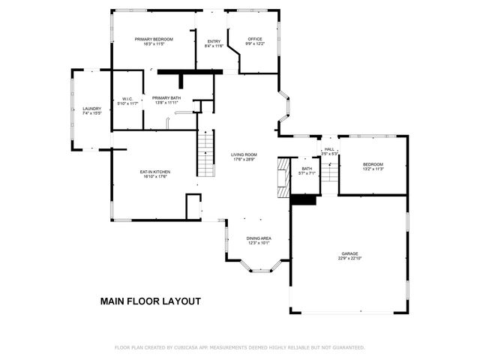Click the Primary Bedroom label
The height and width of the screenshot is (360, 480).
coord(154,39)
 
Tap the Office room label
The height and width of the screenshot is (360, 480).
coord(256,39)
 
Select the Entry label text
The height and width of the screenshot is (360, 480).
coord(214,42)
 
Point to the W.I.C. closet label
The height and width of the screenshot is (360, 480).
coord(127,98)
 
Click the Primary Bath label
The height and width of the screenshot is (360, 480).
coord(166,97)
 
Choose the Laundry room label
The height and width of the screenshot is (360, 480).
coord(91,109)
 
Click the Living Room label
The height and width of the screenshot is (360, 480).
coord(244,155)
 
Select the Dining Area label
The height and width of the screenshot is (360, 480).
coord(259,238)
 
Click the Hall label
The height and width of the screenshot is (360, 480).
coord(328,149)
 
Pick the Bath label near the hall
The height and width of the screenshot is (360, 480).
coord(306,169)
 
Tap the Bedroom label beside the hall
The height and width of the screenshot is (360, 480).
coord(373,164)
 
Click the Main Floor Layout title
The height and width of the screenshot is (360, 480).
coord(150,301)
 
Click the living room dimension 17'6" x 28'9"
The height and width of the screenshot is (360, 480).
coord(244,160)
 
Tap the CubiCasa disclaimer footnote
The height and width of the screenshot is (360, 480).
coord(239,347)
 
